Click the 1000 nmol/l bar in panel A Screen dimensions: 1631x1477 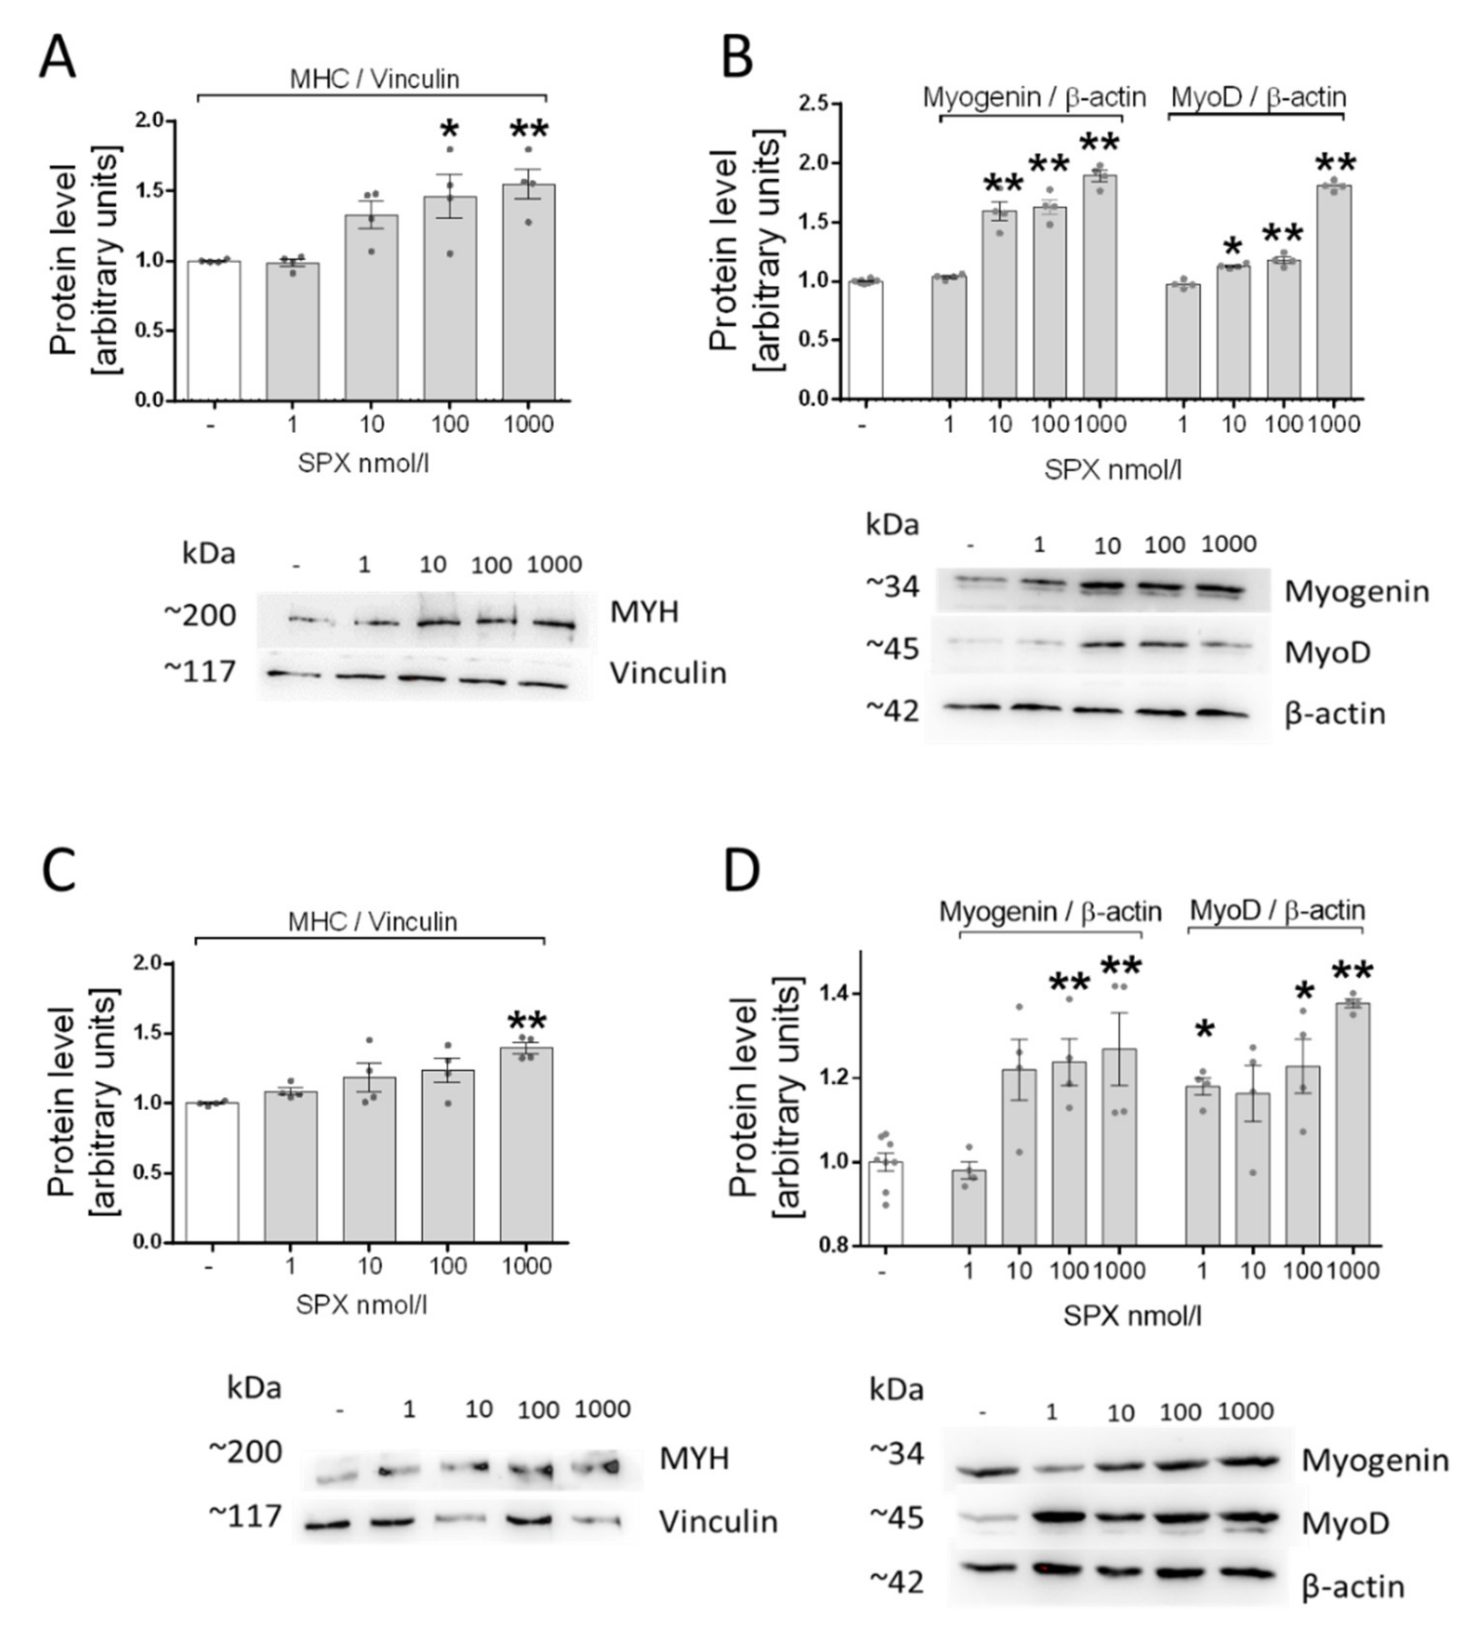pyautogui.click(x=528, y=291)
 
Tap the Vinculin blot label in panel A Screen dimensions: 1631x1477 pyautogui.click(x=668, y=673)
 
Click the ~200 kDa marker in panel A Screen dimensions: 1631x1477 pyautogui.click(x=200, y=615)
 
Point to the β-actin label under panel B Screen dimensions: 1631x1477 pyautogui.click(x=1334, y=714)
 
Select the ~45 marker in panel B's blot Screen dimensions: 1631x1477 pyautogui.click(x=892, y=649)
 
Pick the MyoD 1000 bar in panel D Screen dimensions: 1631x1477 pyautogui.click(x=1352, y=1124)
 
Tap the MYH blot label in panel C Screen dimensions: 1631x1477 pyautogui.click(x=694, y=1459)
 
